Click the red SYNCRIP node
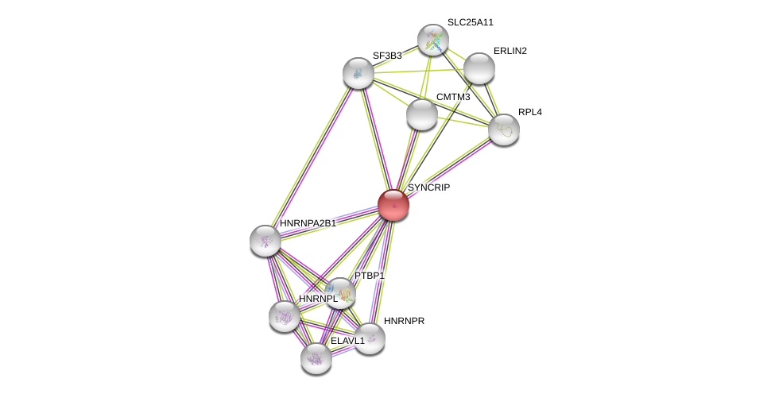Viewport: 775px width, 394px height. tap(393, 205)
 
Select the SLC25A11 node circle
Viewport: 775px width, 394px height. tap(433, 40)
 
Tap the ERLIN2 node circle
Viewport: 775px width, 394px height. tap(479, 68)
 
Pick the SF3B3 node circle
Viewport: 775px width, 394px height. tap(358, 73)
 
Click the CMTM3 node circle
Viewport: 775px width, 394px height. tap(422, 114)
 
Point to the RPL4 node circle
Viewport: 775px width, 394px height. tap(504, 129)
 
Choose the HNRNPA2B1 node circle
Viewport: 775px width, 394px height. tap(265, 241)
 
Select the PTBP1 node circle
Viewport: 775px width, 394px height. tap(340, 293)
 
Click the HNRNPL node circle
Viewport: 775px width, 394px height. tap(285, 316)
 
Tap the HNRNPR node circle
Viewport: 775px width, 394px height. tap(370, 338)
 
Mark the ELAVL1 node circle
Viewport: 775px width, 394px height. tap(316, 358)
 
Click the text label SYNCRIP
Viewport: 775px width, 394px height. tap(428, 187)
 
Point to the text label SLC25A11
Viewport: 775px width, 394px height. tap(470, 22)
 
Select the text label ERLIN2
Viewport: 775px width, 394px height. tap(510, 51)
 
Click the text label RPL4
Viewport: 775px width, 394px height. tap(529, 112)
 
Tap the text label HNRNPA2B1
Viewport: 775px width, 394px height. tap(308, 223)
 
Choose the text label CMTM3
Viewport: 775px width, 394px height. tap(453, 97)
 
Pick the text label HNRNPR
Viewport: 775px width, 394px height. tap(404, 321)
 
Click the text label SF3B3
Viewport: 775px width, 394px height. tap(387, 56)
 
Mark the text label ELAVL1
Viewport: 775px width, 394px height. tap(347, 341)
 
